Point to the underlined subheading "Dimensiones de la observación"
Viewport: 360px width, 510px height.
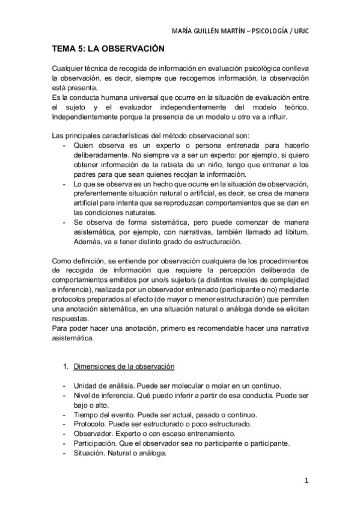124,366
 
